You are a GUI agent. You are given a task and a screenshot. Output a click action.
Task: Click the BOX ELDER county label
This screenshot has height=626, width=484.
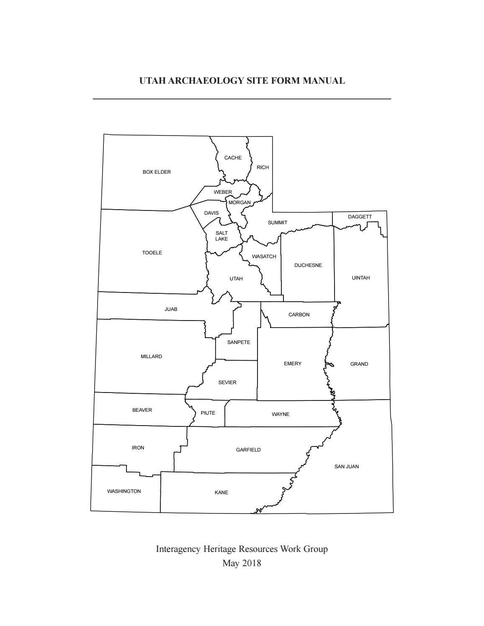point(157,172)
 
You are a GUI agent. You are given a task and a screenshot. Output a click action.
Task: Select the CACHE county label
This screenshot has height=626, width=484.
point(233,158)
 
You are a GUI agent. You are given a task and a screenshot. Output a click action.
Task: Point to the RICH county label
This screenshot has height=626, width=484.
point(263,167)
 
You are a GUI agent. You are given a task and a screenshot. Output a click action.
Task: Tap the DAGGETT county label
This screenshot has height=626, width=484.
point(360,217)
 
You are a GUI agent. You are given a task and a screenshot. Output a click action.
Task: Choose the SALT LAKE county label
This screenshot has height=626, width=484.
point(221,236)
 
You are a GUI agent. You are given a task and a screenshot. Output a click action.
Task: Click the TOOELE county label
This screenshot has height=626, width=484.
point(152,253)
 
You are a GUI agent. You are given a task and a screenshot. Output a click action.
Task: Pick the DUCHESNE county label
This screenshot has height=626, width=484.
point(308,265)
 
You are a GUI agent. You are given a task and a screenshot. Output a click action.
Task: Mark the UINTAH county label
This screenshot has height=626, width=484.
point(361,278)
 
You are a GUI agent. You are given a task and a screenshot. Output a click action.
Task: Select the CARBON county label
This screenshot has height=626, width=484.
point(299,315)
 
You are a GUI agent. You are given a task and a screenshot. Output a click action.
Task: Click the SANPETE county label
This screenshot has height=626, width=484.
point(239,342)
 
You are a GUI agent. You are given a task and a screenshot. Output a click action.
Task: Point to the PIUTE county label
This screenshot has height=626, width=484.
point(208,413)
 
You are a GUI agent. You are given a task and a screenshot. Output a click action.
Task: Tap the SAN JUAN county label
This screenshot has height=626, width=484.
point(346,467)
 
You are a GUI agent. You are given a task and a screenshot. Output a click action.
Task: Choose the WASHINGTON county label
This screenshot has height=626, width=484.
point(124,491)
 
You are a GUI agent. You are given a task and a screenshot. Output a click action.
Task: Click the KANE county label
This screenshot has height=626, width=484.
point(221,493)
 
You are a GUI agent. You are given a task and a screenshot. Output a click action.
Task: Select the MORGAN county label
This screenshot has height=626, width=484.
point(239,203)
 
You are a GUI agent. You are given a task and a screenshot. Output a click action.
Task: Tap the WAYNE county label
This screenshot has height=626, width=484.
point(281,414)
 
